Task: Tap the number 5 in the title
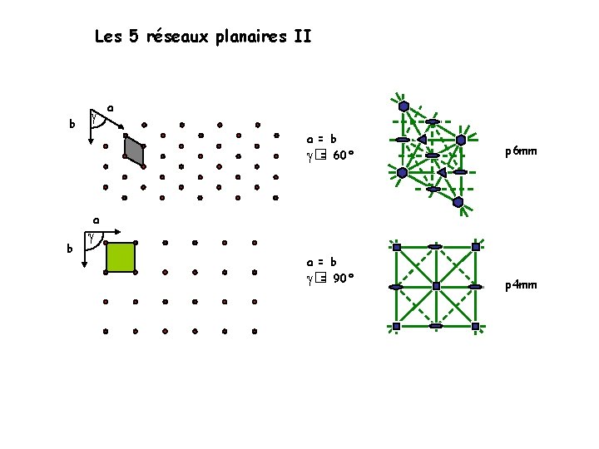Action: pos(135,37)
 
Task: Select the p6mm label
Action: pos(521,151)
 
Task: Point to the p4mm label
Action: pos(521,285)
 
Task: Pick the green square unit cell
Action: pos(121,258)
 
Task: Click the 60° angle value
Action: pos(344,155)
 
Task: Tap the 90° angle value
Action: pos(344,279)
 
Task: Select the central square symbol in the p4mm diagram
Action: pos(436,286)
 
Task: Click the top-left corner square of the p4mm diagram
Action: pos(397,247)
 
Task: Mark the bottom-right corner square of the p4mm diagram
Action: pos(474,326)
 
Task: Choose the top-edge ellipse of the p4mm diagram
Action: pos(435,247)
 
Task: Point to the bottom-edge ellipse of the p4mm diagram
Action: pos(435,326)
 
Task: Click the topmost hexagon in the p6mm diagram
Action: pos(403,106)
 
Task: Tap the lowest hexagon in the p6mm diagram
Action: pos(458,202)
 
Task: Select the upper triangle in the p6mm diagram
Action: pos(422,138)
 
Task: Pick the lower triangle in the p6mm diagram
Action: pos(441,172)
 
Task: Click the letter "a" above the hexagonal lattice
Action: pos(111,108)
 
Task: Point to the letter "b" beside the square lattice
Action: pos(71,248)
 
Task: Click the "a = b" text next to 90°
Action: pos(321,261)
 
